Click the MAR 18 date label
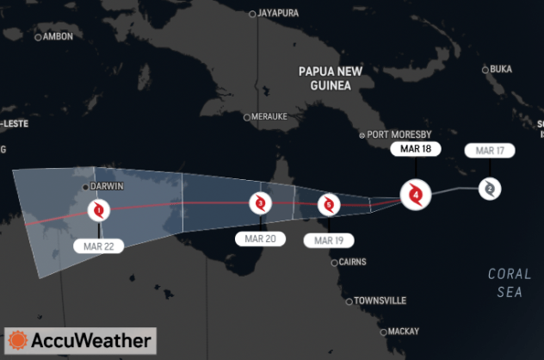(416, 149)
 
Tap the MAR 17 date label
(489, 151)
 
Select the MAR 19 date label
(328, 240)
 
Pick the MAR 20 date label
(260, 239)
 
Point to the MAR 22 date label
(99, 246)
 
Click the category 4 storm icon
(416, 195)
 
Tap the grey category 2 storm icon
(489, 188)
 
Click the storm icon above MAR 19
(328, 204)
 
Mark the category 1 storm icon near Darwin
(99, 208)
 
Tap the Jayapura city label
(280, 13)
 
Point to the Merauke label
(268, 117)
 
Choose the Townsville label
(379, 301)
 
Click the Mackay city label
(402, 331)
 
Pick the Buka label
(499, 69)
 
